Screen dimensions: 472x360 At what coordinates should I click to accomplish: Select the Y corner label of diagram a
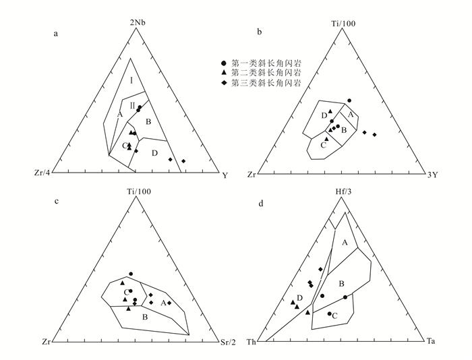224,175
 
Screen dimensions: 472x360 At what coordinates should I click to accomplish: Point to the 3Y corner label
432,175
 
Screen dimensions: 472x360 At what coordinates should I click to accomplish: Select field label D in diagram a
154,153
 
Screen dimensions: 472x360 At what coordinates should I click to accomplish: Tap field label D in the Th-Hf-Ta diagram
299,297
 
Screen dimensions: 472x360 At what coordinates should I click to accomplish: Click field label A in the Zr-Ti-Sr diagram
163,303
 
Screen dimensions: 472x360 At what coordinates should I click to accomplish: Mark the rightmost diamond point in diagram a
183,161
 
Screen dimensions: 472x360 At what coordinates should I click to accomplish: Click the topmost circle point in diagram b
349,100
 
